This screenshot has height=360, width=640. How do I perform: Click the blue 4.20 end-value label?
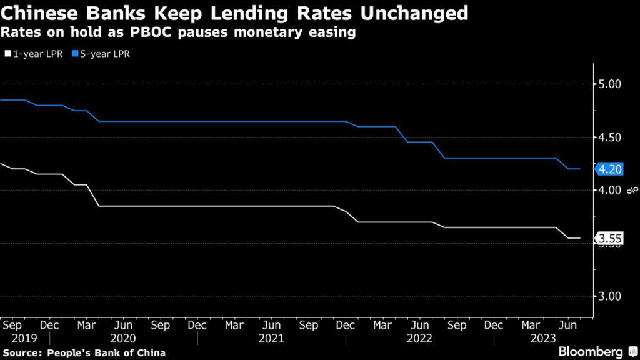(x=609, y=169)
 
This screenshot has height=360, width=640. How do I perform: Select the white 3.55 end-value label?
(x=609, y=238)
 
